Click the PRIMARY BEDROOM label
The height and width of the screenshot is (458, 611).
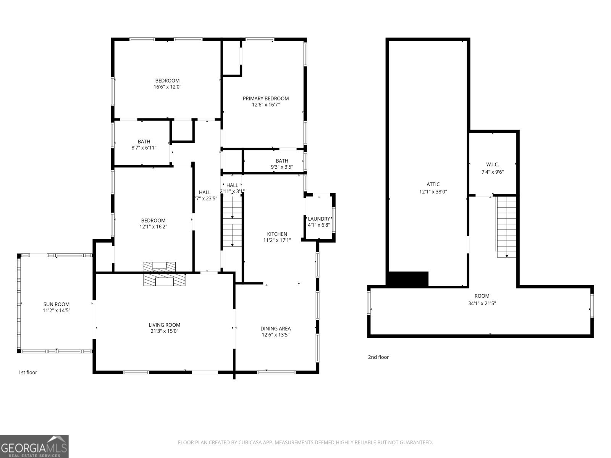click(266, 98)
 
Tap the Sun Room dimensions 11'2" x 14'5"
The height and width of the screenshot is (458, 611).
click(57, 311)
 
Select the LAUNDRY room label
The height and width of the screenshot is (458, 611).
click(319, 219)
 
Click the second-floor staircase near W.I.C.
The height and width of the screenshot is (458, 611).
click(506, 227)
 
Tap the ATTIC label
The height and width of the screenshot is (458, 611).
click(433, 184)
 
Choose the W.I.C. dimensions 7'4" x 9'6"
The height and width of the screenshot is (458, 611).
click(493, 172)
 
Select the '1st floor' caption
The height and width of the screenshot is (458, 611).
click(28, 373)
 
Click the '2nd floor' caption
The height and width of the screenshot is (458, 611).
click(378, 357)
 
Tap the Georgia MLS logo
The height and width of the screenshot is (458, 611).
click(34, 447)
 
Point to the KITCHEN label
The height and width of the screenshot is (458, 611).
click(277, 234)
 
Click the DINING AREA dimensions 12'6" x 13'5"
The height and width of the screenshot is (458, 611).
click(275, 335)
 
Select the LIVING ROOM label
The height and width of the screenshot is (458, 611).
click(164, 325)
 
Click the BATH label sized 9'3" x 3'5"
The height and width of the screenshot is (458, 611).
click(282, 161)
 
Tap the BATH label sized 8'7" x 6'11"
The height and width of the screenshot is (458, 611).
click(144, 142)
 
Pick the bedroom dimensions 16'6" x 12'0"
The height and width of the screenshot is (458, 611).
click(167, 87)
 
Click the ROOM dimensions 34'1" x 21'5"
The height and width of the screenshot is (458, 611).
click(482, 303)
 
